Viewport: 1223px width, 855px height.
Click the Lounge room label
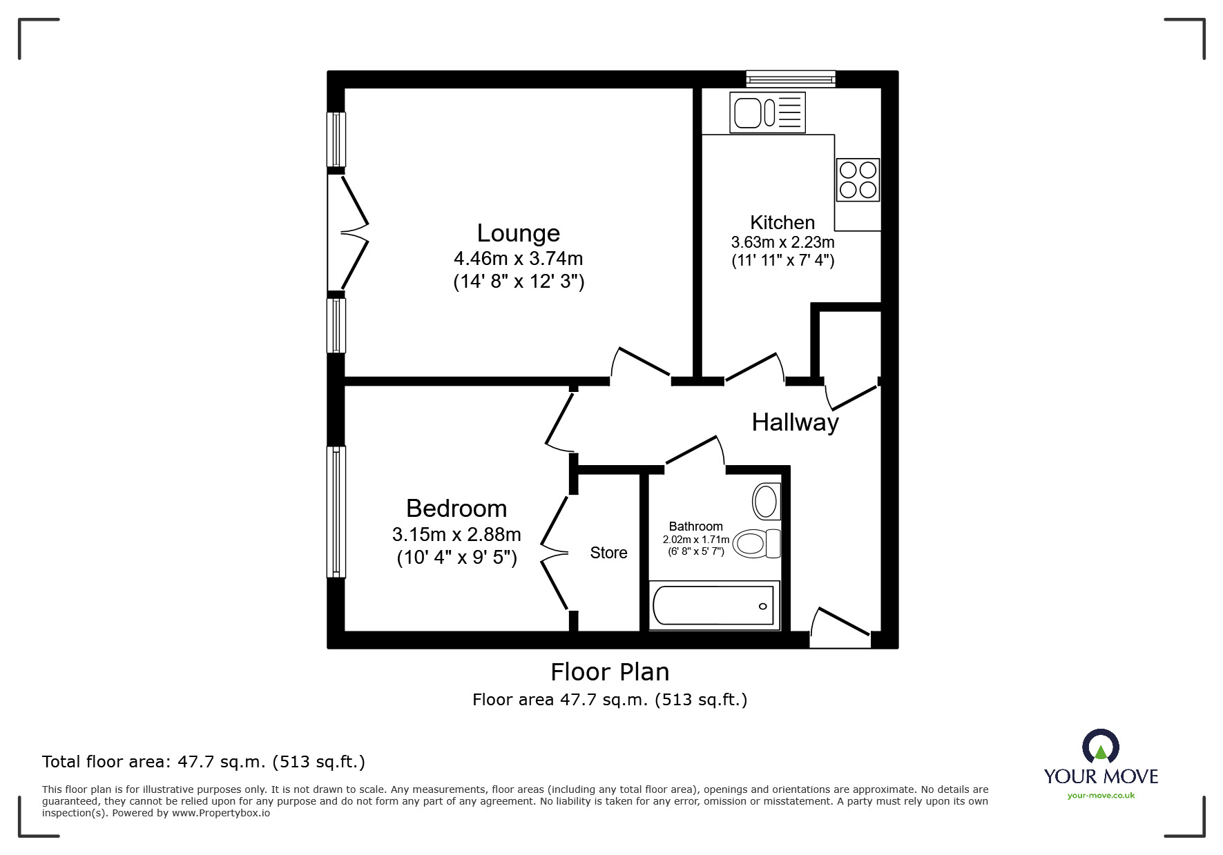(x=518, y=233)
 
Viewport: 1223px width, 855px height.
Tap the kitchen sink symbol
(x=767, y=112)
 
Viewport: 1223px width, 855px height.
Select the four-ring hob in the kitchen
(x=858, y=179)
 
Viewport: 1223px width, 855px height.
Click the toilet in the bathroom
(x=755, y=544)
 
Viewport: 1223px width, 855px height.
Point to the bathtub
(x=714, y=606)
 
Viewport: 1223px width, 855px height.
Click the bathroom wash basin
(x=767, y=501)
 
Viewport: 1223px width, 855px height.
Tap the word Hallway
(x=795, y=422)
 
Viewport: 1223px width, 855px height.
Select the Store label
(x=608, y=553)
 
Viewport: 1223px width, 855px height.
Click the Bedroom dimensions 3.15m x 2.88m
(x=456, y=535)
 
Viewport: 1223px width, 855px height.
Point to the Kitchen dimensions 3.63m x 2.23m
(x=782, y=243)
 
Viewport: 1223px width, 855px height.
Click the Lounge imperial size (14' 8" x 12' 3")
(x=519, y=282)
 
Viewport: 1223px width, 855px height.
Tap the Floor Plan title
(x=610, y=671)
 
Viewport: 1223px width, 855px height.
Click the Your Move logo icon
(x=1100, y=747)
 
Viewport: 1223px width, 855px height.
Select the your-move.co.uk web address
(x=1101, y=796)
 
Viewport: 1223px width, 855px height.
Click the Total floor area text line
(x=204, y=762)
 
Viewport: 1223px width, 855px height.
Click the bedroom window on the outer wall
(x=336, y=511)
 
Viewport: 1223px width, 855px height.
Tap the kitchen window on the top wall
(x=791, y=79)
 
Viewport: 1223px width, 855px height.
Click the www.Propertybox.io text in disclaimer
(x=221, y=813)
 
